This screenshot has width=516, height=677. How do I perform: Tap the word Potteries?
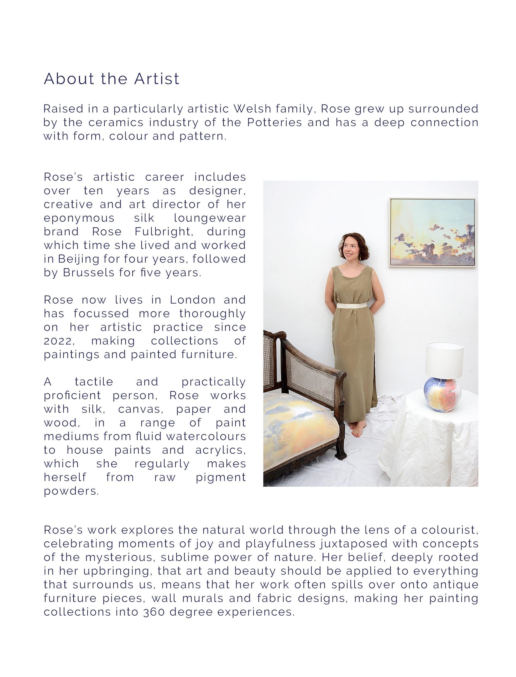275,123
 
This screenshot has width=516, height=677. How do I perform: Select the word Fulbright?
164,231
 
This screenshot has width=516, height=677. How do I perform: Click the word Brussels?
88,273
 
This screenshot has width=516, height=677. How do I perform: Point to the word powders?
71,491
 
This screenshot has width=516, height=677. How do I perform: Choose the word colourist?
449,530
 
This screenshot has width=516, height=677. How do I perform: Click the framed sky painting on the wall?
432,232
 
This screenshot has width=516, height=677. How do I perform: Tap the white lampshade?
444,360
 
